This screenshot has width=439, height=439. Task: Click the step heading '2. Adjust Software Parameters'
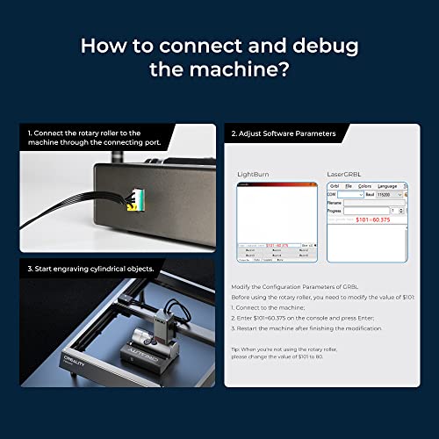(284, 134)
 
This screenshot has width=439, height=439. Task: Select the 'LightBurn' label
(255, 175)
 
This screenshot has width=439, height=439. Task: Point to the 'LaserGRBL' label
(347, 175)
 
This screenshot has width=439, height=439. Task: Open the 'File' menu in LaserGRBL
(349, 186)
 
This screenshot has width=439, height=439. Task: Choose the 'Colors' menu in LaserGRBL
(364, 186)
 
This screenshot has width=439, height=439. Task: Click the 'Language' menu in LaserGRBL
(387, 186)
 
